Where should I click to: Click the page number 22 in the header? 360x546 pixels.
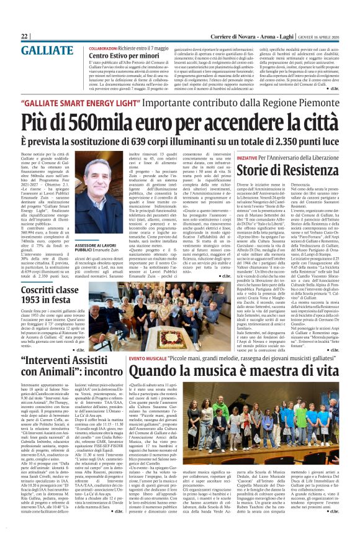click(25, 37)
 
